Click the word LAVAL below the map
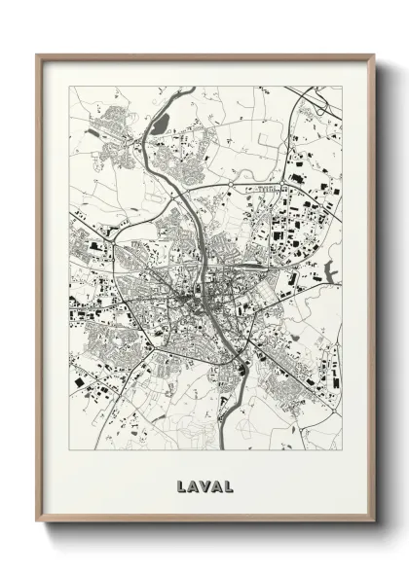click(x=205, y=483)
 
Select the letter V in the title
click(x=205, y=483)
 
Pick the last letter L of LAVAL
click(x=229, y=483)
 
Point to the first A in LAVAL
click(x=194, y=483)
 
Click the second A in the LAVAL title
click(x=217, y=483)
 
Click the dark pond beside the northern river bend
click(x=162, y=124)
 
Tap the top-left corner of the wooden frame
click(x=38, y=55)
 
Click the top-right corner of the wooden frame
click(x=374, y=55)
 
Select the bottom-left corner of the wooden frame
click(x=38, y=521)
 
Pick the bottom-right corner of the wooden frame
click(x=374, y=521)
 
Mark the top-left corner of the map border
click(x=70, y=87)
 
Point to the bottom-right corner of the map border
click(x=342, y=448)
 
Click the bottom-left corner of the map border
click(x=70, y=448)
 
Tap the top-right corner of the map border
click(x=342, y=87)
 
